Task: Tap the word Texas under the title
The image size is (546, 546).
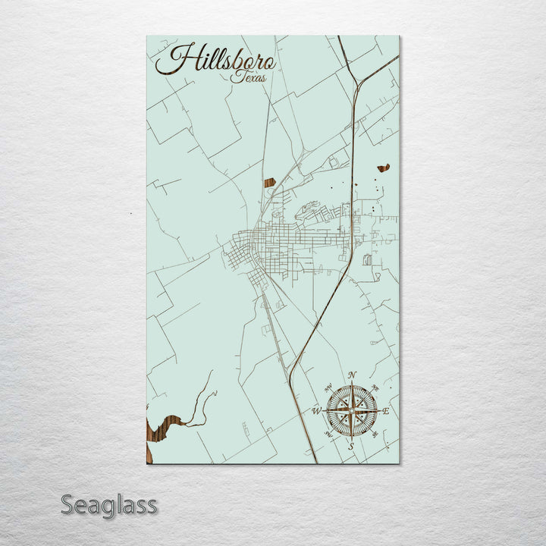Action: pyautogui.click(x=249, y=77)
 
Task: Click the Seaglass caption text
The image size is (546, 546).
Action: pyautogui.click(x=108, y=504)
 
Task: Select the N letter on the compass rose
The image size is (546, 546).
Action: pyautogui.click(x=351, y=375)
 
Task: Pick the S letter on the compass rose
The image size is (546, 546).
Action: pyautogui.click(x=350, y=447)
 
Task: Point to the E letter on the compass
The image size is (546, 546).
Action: pyautogui.click(x=385, y=411)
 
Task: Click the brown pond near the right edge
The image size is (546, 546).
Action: pyautogui.click(x=383, y=168)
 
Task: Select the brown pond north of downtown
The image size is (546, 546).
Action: pyautogui.click(x=269, y=182)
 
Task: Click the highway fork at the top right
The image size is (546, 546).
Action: pyautogui.click(x=356, y=83)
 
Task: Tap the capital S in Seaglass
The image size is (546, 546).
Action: pyautogui.click(x=67, y=504)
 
